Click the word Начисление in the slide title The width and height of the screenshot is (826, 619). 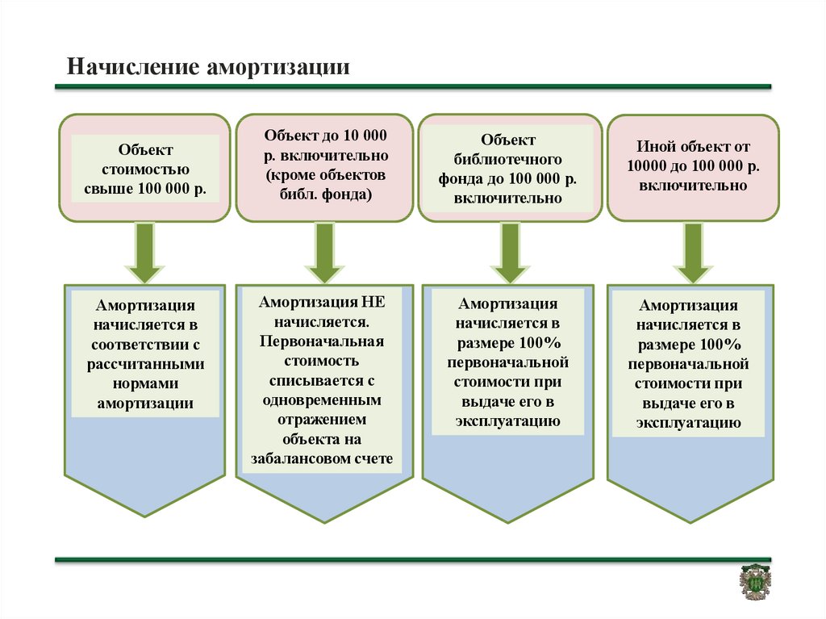tap(133, 67)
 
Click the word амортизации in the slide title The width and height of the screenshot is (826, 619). tap(278, 68)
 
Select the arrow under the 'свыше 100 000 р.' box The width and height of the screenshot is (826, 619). tap(145, 252)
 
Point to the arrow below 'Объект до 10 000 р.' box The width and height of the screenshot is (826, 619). tap(324, 252)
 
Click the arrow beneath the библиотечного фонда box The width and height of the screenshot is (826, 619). tap(510, 252)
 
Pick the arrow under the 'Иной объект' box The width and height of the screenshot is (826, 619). tap(693, 252)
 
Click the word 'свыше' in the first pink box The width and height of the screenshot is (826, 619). tap(109, 189)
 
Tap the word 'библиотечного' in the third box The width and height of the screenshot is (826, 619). tap(508, 159)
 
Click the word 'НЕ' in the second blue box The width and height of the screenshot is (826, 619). tap(373, 302)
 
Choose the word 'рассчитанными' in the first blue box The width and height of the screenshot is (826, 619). tap(145, 364)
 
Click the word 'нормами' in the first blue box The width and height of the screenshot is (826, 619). tap(145, 384)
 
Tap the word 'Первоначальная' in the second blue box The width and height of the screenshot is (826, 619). tap(321, 341)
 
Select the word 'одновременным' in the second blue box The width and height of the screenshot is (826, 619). tap(322, 400)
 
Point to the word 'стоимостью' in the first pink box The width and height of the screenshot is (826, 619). tap(145, 169)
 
